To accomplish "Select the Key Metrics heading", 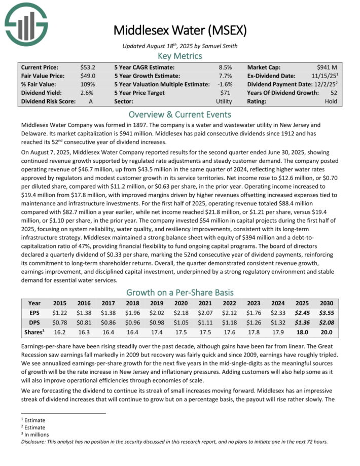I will (x=179, y=56).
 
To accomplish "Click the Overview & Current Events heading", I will (x=179, y=114).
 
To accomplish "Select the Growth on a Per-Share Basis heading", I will (x=179, y=292).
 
